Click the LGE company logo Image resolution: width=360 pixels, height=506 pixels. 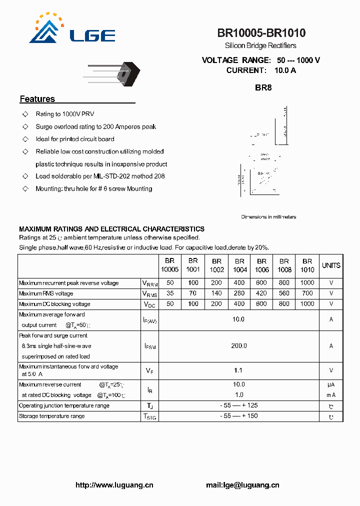point(72,30)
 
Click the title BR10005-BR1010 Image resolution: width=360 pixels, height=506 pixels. point(261,33)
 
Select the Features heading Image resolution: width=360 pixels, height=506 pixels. point(37,99)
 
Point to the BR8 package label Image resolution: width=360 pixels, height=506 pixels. point(263,87)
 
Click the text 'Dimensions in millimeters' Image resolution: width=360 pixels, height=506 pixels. point(268,217)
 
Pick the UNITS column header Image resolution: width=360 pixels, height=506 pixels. point(331,265)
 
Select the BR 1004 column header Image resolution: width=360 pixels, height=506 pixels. point(240,265)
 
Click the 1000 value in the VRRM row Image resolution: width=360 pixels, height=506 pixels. point(307,283)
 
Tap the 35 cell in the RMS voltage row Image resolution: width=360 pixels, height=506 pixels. point(170,293)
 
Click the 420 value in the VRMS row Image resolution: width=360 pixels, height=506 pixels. point(261,293)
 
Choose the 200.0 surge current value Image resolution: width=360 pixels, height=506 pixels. point(239,345)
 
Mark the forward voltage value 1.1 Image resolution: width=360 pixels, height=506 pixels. point(238,370)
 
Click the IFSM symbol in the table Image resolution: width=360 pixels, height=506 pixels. point(149,346)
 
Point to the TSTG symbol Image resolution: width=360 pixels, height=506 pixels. point(149,416)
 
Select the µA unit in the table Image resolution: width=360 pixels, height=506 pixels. point(331,384)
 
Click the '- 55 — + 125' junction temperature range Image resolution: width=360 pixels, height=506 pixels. point(239,405)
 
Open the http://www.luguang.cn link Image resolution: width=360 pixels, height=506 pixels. point(114,485)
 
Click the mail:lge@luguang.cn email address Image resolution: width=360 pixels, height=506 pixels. point(242,485)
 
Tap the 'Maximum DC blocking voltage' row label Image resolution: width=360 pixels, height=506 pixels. point(54,304)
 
